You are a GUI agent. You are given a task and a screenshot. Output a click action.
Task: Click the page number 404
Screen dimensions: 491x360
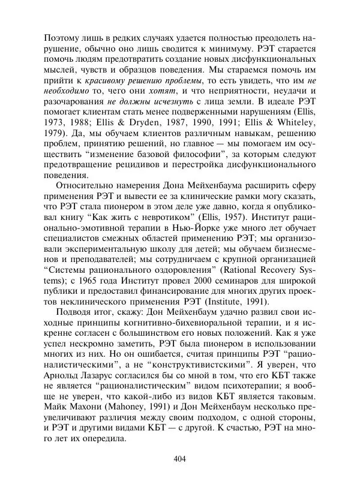(x=180, y=459)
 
